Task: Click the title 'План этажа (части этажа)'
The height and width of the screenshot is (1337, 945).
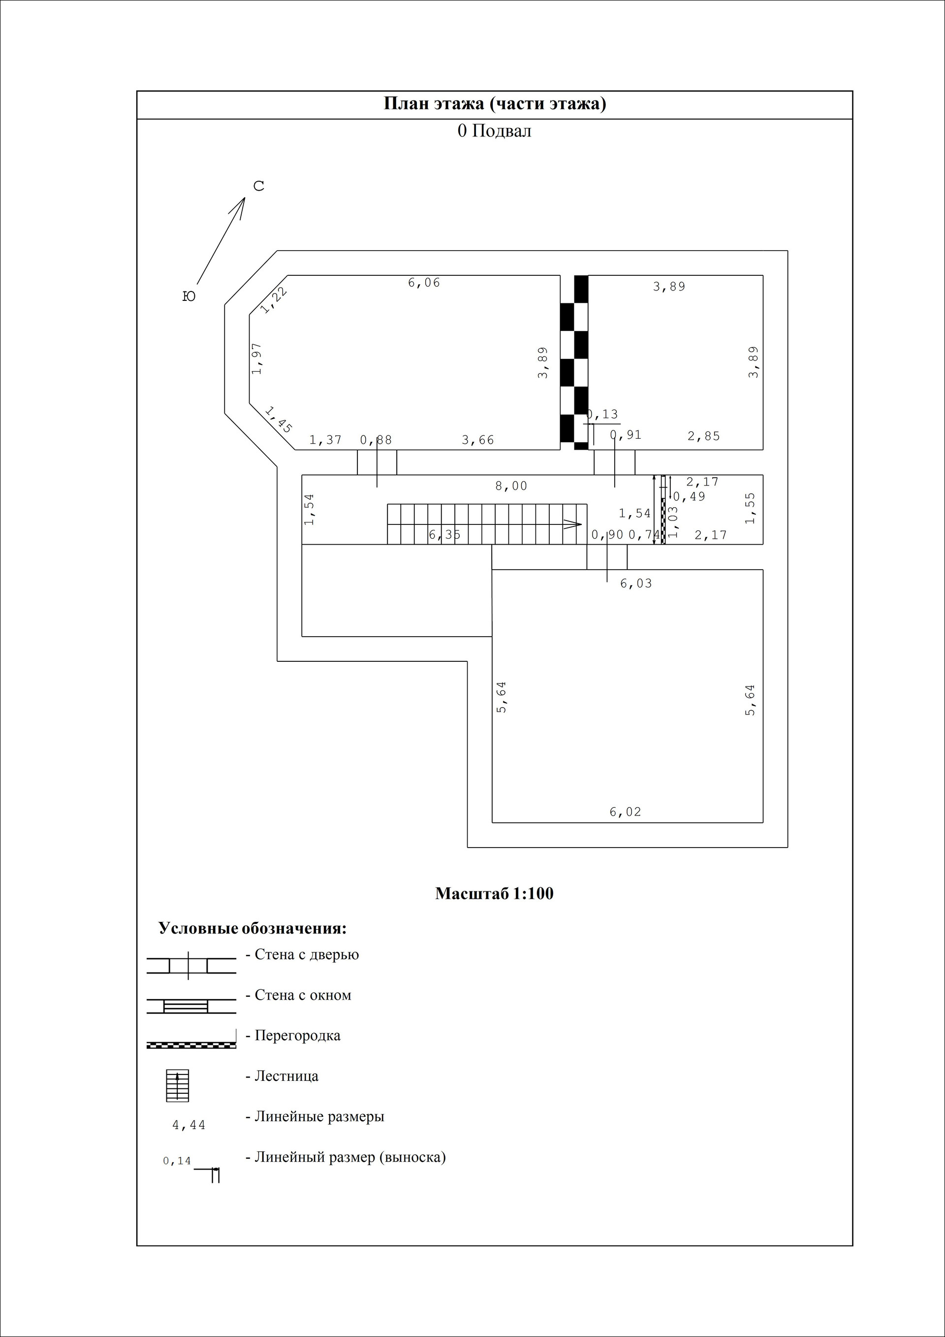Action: tap(495, 103)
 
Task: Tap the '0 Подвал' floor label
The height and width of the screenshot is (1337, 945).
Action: tap(494, 131)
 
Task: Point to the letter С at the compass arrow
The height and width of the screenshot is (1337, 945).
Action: tap(259, 186)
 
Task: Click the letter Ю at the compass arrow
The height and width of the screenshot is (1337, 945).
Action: tap(189, 296)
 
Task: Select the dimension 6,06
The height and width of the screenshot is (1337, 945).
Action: tap(424, 283)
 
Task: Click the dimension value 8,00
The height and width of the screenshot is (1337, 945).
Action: tap(511, 486)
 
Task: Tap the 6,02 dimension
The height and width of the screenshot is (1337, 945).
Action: tap(626, 812)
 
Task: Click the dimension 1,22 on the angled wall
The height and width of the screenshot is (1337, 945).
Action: tap(274, 300)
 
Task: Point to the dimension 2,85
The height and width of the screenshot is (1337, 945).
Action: tap(703, 436)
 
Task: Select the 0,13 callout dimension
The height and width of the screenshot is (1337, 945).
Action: tap(603, 415)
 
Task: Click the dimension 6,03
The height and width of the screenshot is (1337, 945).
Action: tap(636, 584)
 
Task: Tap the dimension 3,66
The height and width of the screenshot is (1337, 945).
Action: tap(478, 440)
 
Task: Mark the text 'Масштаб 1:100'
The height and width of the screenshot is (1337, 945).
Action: tap(494, 894)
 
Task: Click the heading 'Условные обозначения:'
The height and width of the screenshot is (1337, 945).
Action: tap(252, 928)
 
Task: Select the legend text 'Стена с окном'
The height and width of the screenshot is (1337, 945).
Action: tap(303, 995)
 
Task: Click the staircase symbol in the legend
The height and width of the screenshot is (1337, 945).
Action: tap(178, 1085)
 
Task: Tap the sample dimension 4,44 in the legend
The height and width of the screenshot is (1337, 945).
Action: tap(189, 1126)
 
